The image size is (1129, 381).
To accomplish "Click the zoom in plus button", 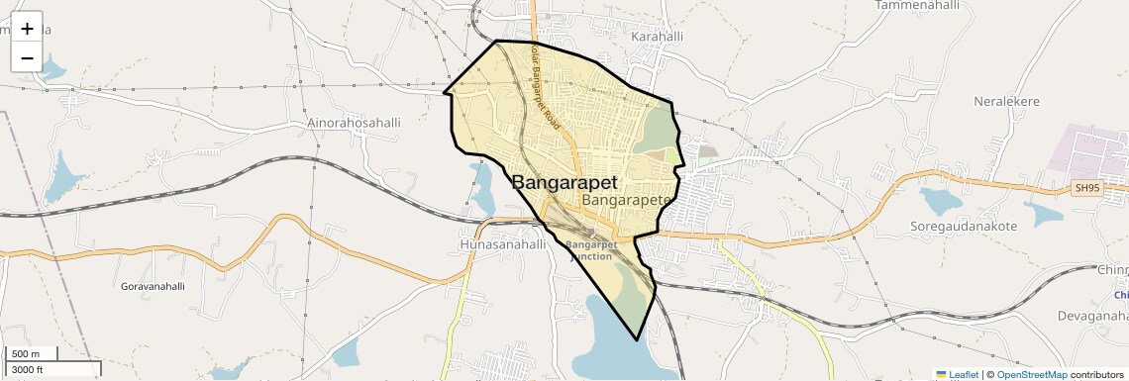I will pyautogui.click(x=27, y=29).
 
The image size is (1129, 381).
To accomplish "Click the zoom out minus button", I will pyautogui.click(x=27, y=57).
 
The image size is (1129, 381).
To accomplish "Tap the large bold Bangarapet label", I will pyautogui.click(x=564, y=183).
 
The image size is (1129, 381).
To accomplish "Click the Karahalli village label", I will pyautogui.click(x=657, y=37).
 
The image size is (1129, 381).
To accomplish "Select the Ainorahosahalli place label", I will pyautogui.click(x=354, y=123).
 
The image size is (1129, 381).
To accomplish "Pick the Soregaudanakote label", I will pyautogui.click(x=964, y=226).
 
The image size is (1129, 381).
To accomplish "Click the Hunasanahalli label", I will pyautogui.click(x=503, y=243).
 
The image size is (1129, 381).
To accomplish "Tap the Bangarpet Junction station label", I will pyautogui.click(x=592, y=249).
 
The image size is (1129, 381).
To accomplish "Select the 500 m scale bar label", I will pyautogui.click(x=26, y=354).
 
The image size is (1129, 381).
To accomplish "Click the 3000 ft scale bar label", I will pyautogui.click(x=27, y=369).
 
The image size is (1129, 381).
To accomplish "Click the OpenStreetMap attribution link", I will pyautogui.click(x=1031, y=374).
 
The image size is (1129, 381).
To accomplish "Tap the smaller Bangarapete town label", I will pyautogui.click(x=628, y=200).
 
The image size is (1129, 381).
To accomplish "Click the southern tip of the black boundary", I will pyautogui.click(x=637, y=339).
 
